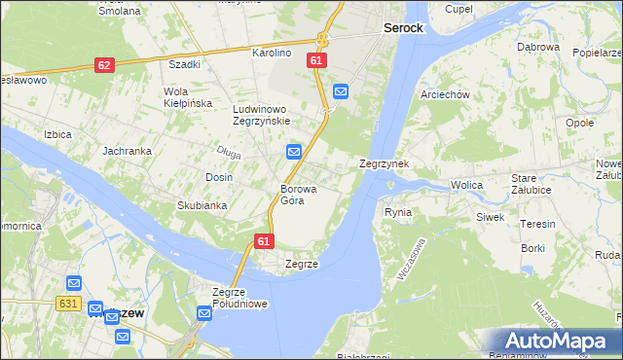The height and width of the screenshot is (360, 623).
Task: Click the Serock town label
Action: [402, 28]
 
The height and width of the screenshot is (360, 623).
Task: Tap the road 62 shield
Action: [105, 65]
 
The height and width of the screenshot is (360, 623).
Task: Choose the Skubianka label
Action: [202, 205]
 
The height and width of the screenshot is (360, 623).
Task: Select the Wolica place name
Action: [467, 185]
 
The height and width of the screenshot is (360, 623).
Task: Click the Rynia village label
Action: [398, 211]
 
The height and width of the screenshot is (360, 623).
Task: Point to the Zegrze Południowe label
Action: [239, 297]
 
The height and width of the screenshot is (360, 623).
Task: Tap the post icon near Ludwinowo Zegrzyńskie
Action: [294, 152]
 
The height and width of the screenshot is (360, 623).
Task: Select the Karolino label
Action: [273, 53]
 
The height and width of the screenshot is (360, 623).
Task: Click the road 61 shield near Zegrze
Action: [264, 240]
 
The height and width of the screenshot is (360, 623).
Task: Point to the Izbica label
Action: [57, 134]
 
